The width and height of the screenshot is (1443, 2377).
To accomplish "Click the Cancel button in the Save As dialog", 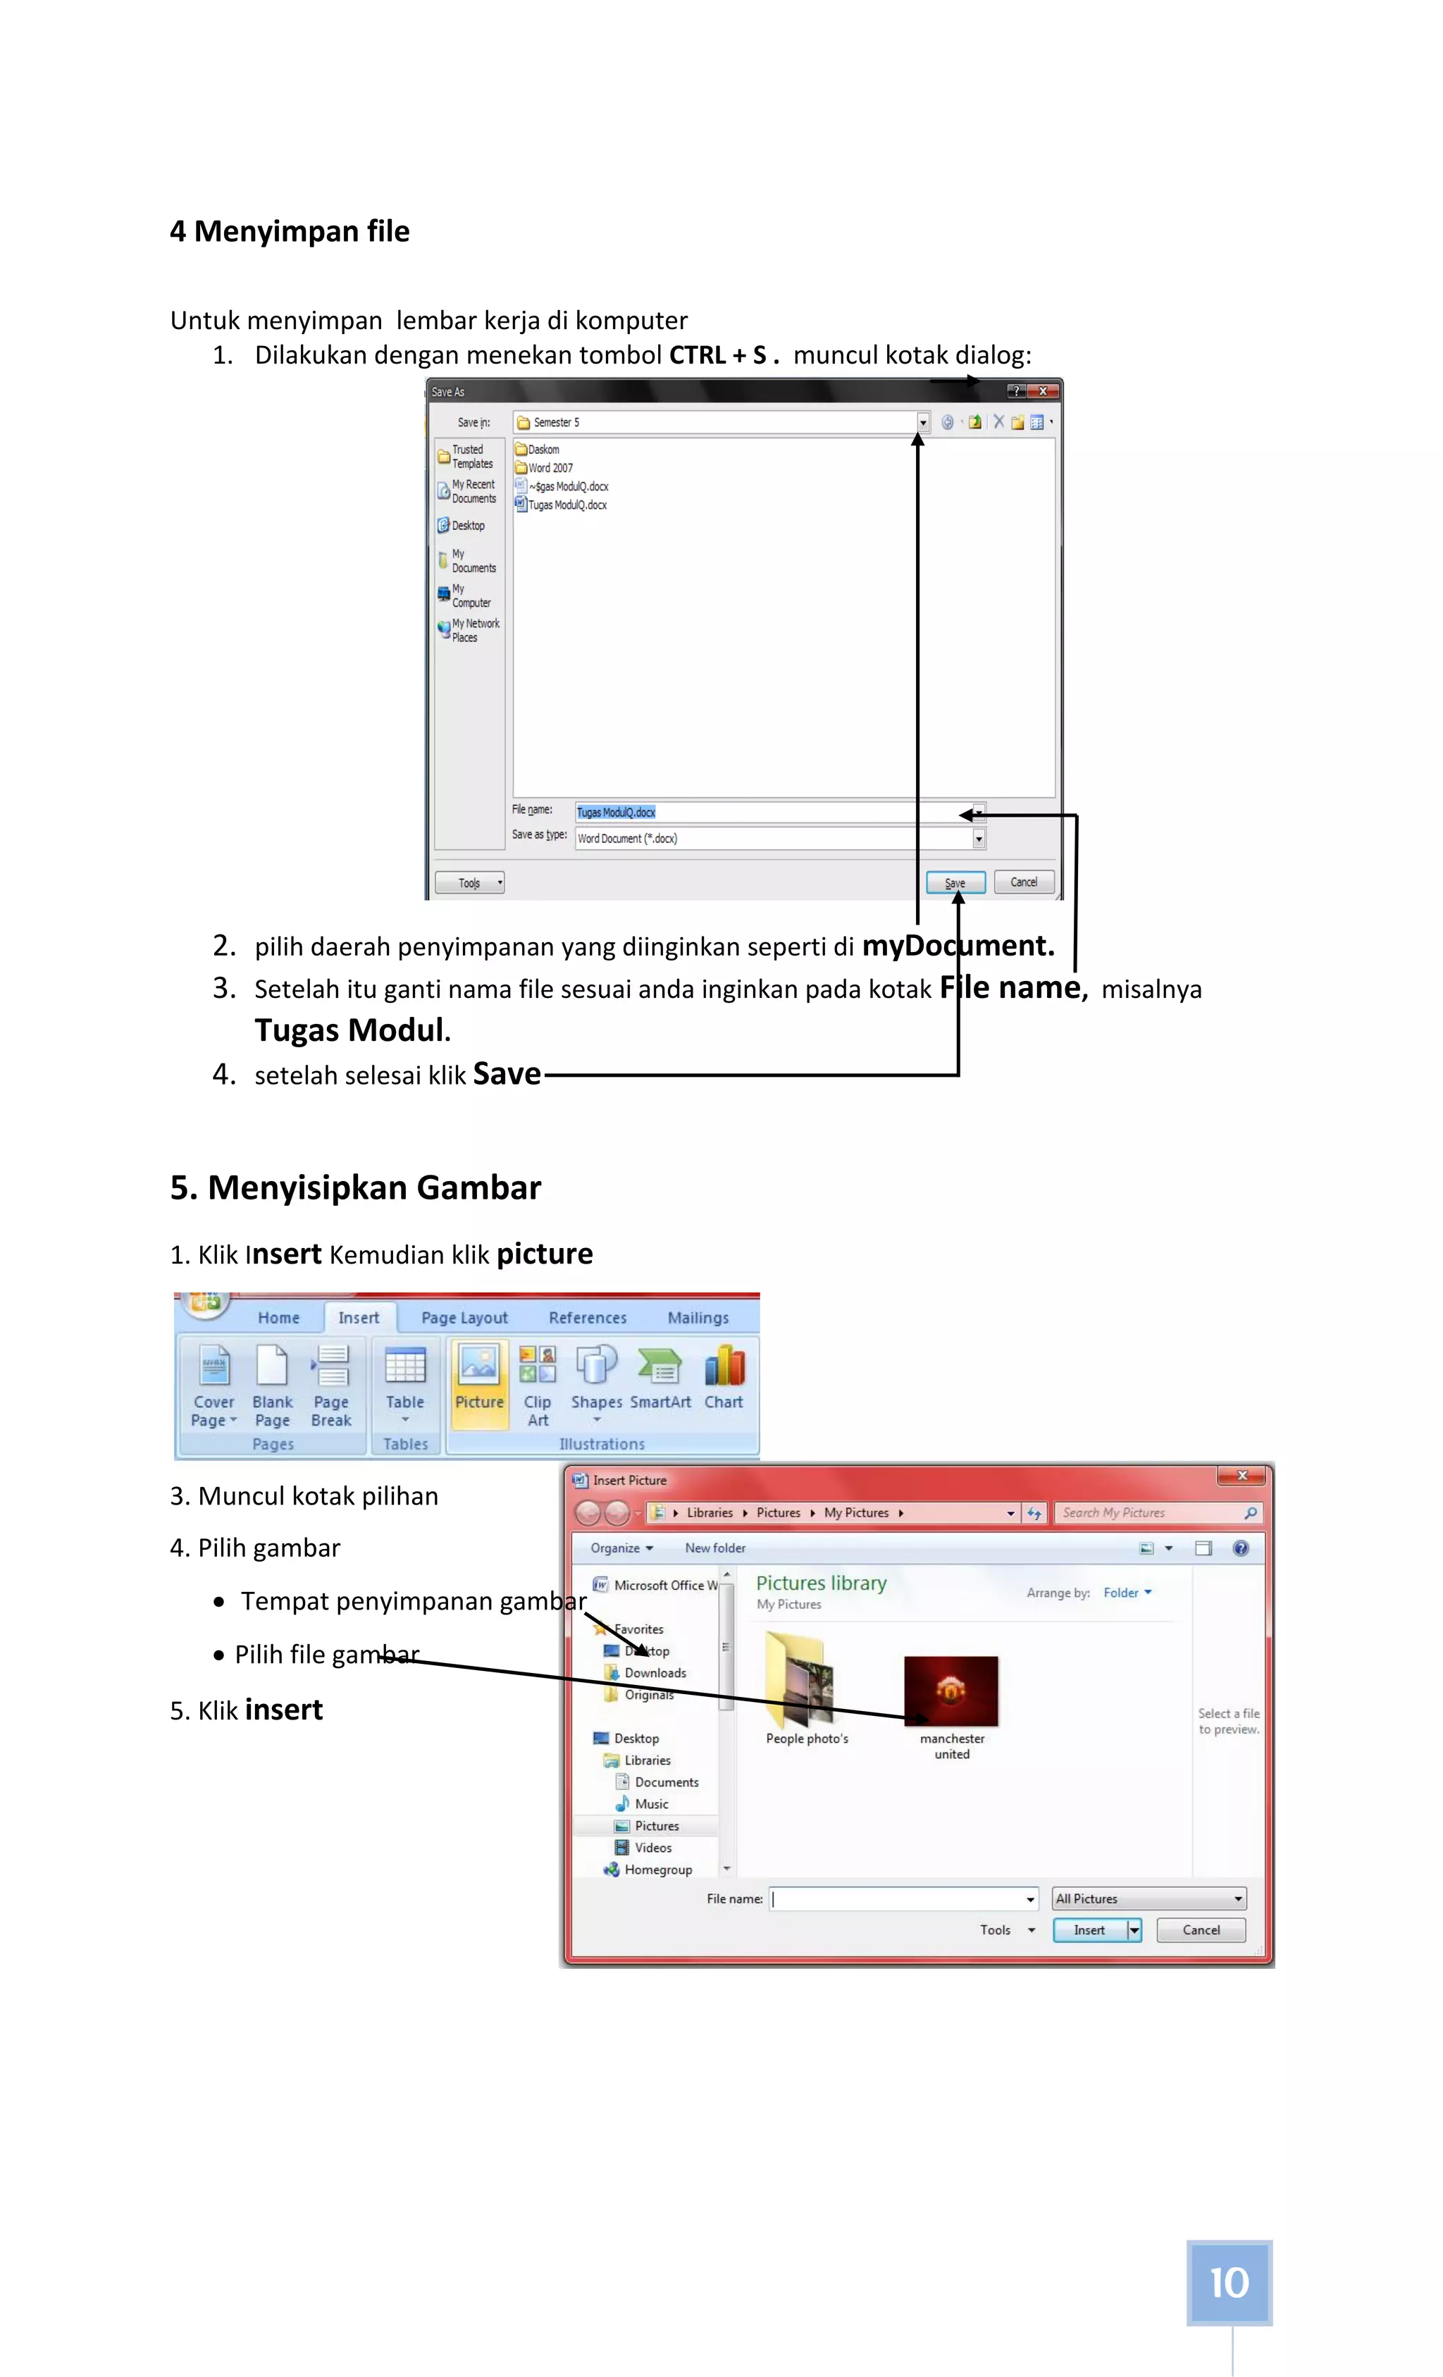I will click(x=1023, y=882).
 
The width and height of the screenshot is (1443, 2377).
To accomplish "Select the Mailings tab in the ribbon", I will click(x=698, y=1318).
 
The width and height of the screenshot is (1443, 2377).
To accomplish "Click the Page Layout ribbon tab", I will click(x=464, y=1318).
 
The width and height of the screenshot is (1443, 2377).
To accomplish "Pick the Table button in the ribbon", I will click(x=405, y=1380).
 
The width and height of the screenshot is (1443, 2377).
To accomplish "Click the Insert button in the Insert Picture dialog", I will click(x=1089, y=1930).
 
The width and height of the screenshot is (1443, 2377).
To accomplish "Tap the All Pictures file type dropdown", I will click(x=1148, y=1898).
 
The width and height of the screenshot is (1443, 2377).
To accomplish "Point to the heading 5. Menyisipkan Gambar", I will click(x=355, y=1187).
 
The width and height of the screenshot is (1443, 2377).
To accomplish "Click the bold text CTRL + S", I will click(x=718, y=355).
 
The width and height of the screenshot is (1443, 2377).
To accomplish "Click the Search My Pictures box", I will click(x=1148, y=1512).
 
